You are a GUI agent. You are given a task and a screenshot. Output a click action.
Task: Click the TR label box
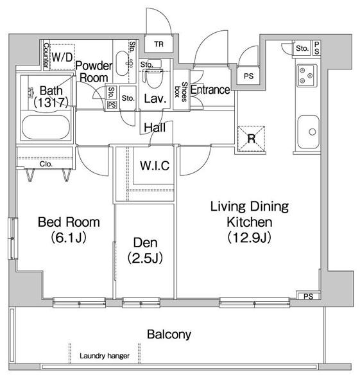[159, 44]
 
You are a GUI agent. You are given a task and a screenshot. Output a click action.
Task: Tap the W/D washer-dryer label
[62, 57]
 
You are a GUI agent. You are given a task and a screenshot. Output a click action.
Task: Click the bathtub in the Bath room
[46, 127]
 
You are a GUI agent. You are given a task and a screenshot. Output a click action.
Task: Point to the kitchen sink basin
[308, 132]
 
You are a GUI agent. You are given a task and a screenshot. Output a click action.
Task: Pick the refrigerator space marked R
[251, 139]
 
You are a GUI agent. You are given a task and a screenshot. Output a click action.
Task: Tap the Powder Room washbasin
[122, 64]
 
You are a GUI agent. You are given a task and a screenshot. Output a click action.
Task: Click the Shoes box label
[181, 92]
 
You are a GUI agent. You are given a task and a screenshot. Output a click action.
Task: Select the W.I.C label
[155, 166]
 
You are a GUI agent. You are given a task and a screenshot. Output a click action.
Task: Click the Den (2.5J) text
[146, 250]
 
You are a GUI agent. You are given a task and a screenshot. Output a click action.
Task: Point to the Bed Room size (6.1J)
[69, 238]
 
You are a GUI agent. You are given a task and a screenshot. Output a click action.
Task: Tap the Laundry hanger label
[105, 356]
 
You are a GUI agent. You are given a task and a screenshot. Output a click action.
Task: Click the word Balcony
[169, 335]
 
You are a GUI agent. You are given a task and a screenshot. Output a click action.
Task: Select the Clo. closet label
[46, 164]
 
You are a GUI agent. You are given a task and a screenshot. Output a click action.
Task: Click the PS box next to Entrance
[248, 76]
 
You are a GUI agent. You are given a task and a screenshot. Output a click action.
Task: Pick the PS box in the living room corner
[308, 296]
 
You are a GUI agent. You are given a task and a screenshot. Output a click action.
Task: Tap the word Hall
[155, 127]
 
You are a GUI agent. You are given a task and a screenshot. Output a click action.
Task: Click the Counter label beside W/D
[46, 55]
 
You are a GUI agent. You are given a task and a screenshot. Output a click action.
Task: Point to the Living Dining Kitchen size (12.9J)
[250, 238]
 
